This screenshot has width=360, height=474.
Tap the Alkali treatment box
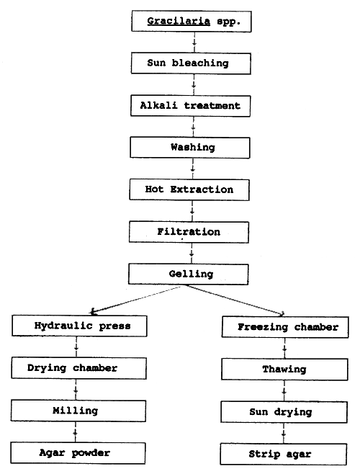[x=191, y=105]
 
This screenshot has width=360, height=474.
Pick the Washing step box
[x=191, y=148]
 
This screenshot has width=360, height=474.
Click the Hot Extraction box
[x=191, y=189]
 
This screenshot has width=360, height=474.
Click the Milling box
[x=75, y=411]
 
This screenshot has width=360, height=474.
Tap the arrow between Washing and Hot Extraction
[x=192, y=169]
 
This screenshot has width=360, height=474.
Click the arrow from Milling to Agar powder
[x=75, y=432]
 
